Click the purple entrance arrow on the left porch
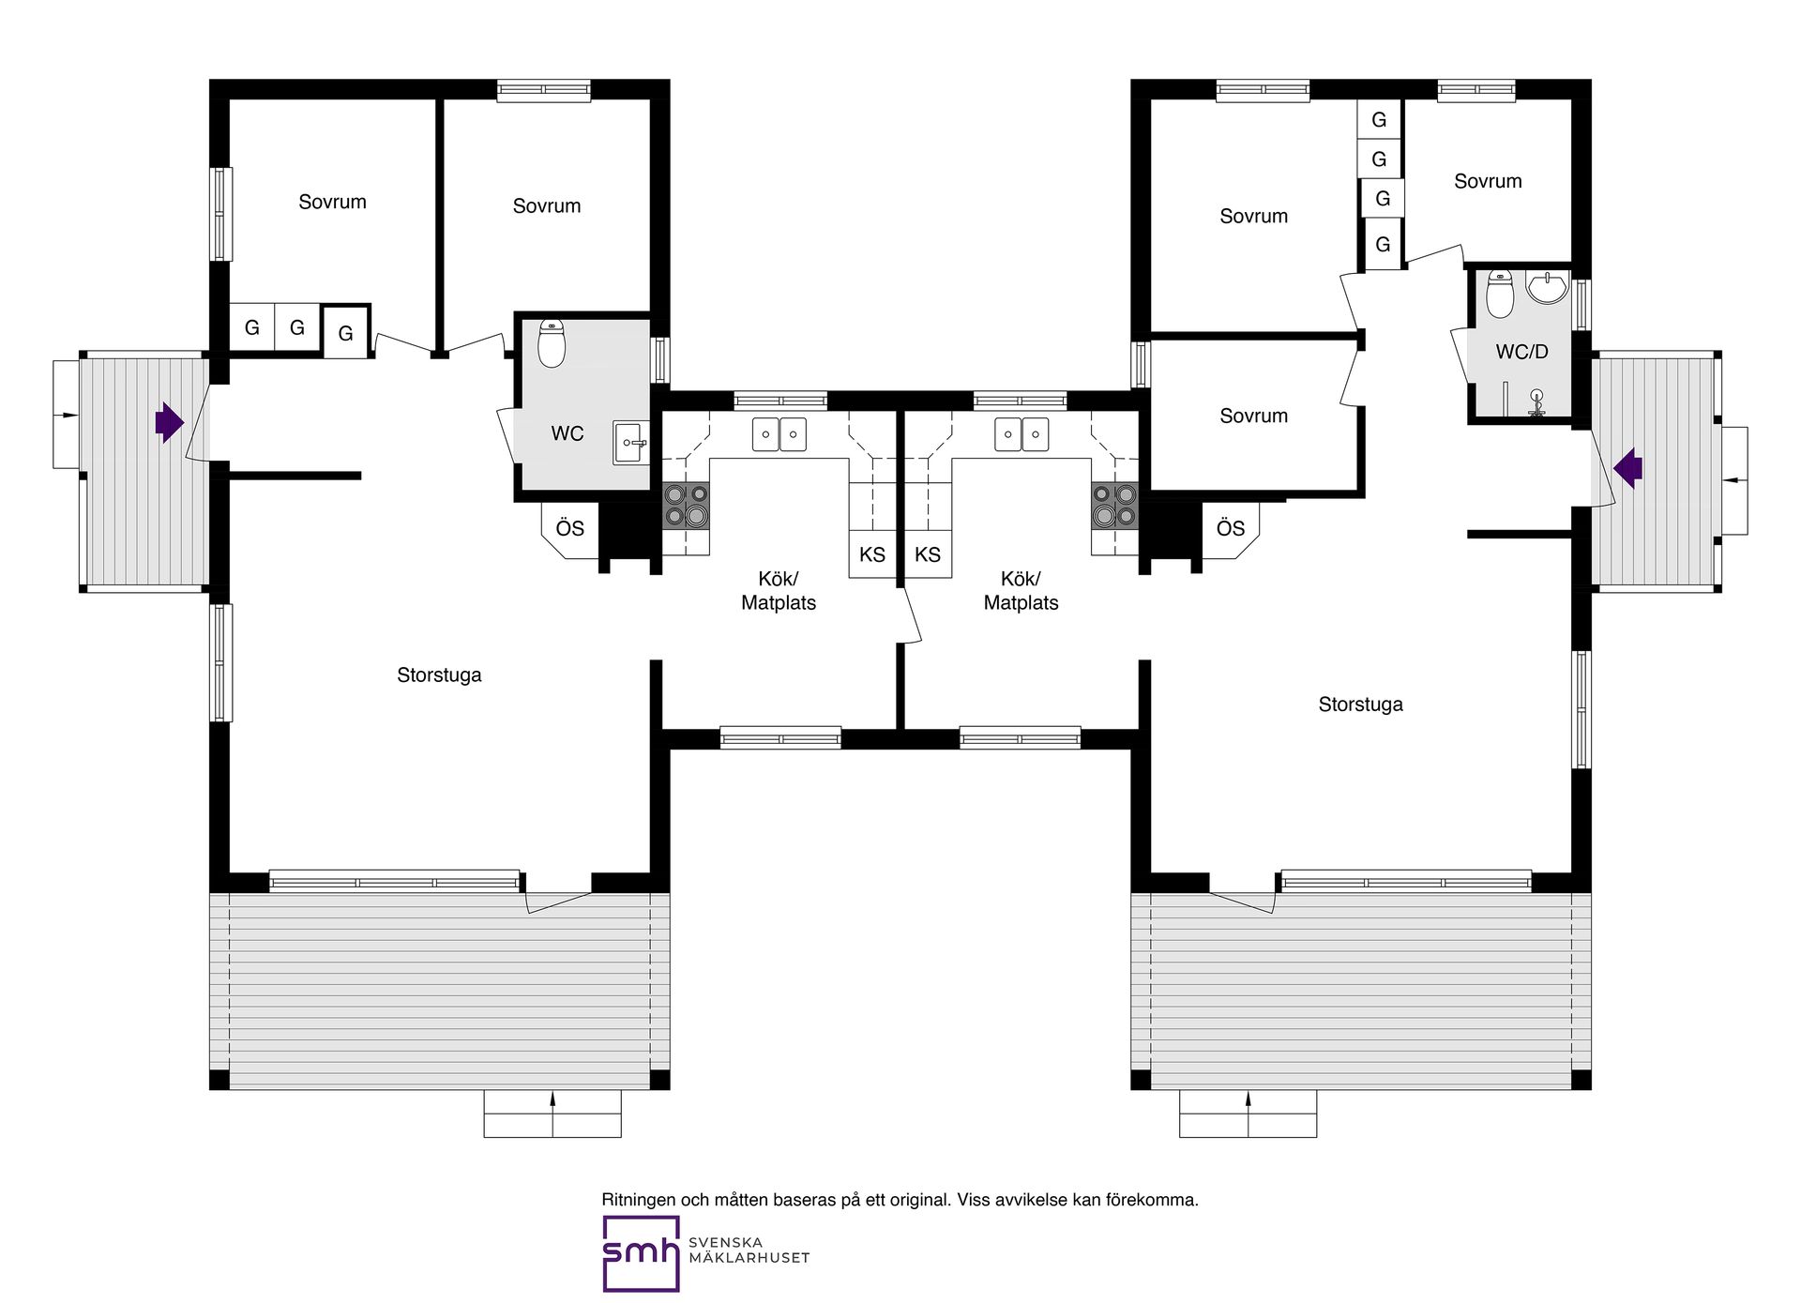tap(170, 422)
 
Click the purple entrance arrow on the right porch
tap(1628, 468)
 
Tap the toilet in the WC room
tap(552, 344)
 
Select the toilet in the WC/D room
tap(1500, 295)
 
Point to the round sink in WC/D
tap(1547, 288)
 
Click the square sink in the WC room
tap(631, 443)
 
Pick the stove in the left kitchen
tap(686, 507)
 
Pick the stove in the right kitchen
tap(1114, 507)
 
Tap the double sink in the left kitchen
tap(779, 434)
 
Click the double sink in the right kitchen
tap(1022, 434)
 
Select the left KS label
tap(872, 554)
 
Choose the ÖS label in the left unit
tap(570, 527)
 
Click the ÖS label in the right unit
tap(1231, 527)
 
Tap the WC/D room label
tap(1521, 352)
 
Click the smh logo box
tap(641, 1253)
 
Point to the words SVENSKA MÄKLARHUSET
tap(749, 1250)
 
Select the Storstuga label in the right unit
tap(1360, 705)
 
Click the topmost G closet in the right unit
tap(1379, 119)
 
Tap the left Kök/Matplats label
tap(779, 591)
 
